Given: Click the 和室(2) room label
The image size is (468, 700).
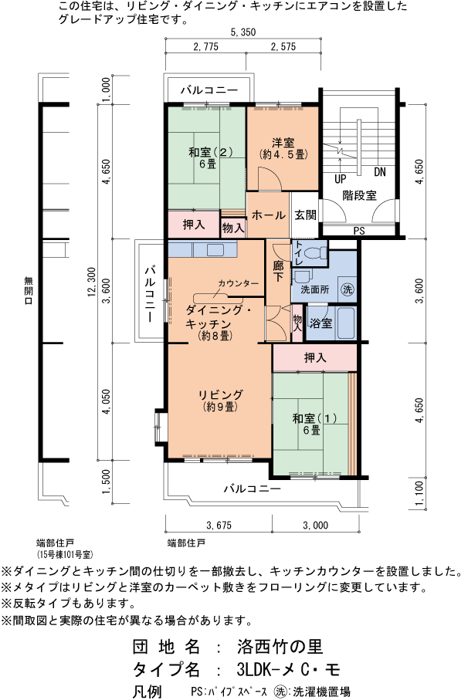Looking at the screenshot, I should tap(206, 157).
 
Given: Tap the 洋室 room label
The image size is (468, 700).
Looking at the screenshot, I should tap(282, 147).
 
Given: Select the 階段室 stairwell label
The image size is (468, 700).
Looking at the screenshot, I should tap(360, 196).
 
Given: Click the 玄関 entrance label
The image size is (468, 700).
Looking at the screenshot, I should tap(305, 215).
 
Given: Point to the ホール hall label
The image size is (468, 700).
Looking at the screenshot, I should tap(268, 215).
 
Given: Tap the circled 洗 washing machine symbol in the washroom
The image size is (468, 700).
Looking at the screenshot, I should tap(347, 290).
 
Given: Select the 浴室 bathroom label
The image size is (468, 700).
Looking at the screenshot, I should tap(320, 323).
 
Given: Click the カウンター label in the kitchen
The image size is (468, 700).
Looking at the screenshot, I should tap(238, 284).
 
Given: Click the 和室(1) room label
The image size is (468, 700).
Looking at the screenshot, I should tap(310, 424).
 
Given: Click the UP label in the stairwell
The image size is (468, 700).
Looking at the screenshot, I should tap(339, 178).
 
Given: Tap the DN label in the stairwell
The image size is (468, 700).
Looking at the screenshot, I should tap(379, 171).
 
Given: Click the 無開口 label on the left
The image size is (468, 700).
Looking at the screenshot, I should tap(28, 289).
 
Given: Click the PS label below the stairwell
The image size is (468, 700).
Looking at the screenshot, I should tap(358, 230).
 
